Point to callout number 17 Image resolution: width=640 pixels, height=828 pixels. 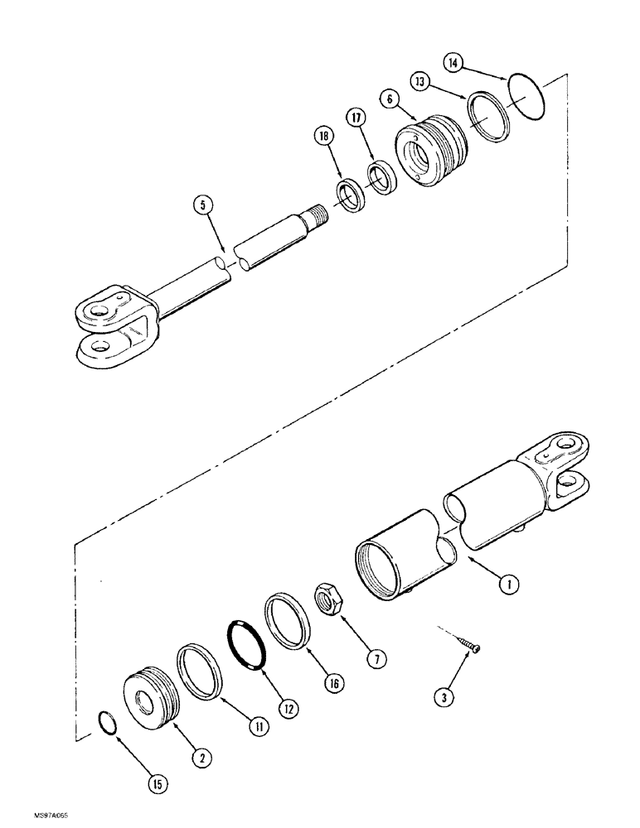[x=357, y=118]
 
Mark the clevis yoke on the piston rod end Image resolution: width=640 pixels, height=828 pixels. [x=110, y=322]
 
